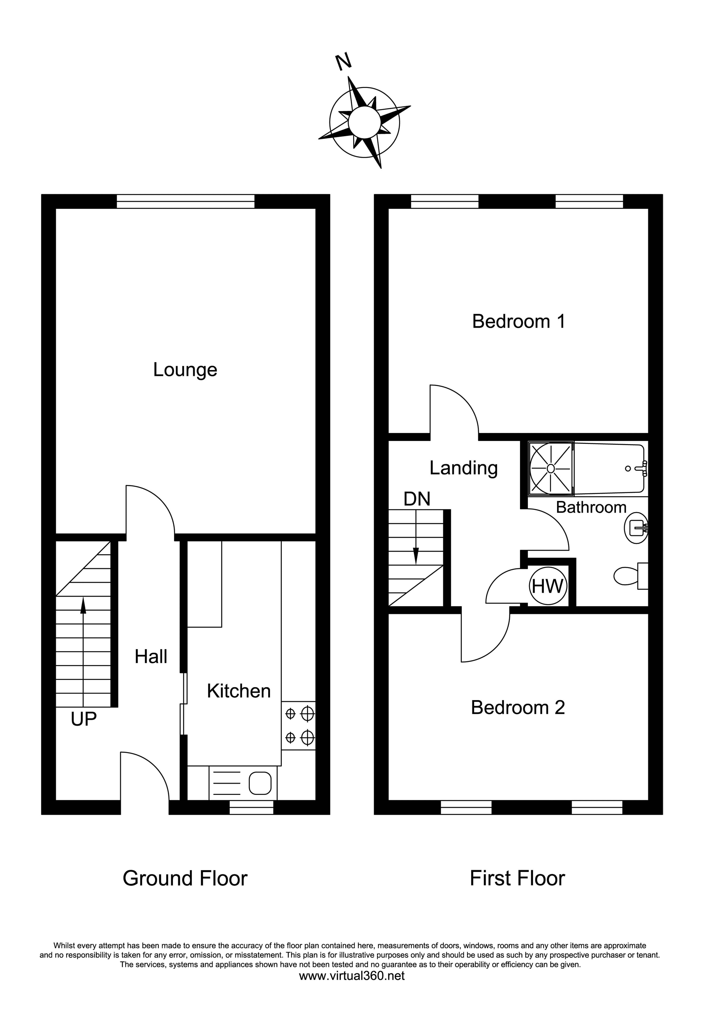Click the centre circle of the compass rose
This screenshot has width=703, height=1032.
point(364,122)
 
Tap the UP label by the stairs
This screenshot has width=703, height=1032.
point(83,719)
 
